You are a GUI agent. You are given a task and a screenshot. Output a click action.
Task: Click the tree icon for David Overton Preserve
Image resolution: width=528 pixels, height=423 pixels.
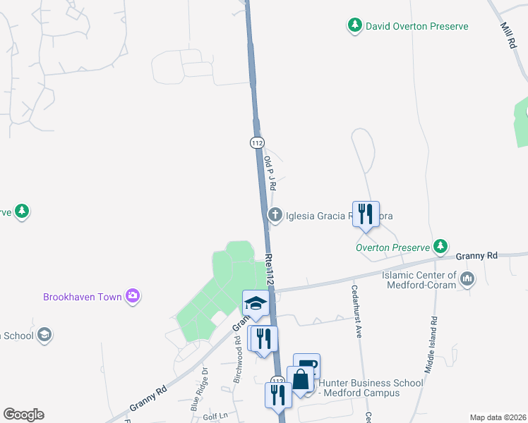[354, 26]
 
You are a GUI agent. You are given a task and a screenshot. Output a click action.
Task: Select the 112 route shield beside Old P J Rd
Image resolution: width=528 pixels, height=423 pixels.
[257, 142]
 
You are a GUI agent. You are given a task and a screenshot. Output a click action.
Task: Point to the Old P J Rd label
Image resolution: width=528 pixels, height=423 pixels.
[269, 173]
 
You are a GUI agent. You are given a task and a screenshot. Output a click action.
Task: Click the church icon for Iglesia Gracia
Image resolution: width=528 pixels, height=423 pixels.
[275, 215]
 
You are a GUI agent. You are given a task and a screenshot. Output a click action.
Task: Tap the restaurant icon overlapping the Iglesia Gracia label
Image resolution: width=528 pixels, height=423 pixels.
[365, 213]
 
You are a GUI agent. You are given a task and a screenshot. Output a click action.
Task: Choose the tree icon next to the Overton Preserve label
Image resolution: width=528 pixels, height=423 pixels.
[441, 246]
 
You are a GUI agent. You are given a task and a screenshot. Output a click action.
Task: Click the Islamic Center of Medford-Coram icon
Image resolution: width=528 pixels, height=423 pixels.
[467, 280]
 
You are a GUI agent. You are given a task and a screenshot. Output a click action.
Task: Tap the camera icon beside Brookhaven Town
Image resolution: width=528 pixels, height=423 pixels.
[132, 296]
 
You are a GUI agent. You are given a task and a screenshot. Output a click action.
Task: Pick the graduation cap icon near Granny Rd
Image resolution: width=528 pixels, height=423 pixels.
[255, 303]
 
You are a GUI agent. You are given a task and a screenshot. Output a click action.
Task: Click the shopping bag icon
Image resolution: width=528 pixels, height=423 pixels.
[301, 379]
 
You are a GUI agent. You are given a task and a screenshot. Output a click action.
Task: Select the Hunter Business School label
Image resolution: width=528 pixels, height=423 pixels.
[371, 388]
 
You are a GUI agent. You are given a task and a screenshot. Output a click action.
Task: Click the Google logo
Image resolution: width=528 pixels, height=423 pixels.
[23, 415]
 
